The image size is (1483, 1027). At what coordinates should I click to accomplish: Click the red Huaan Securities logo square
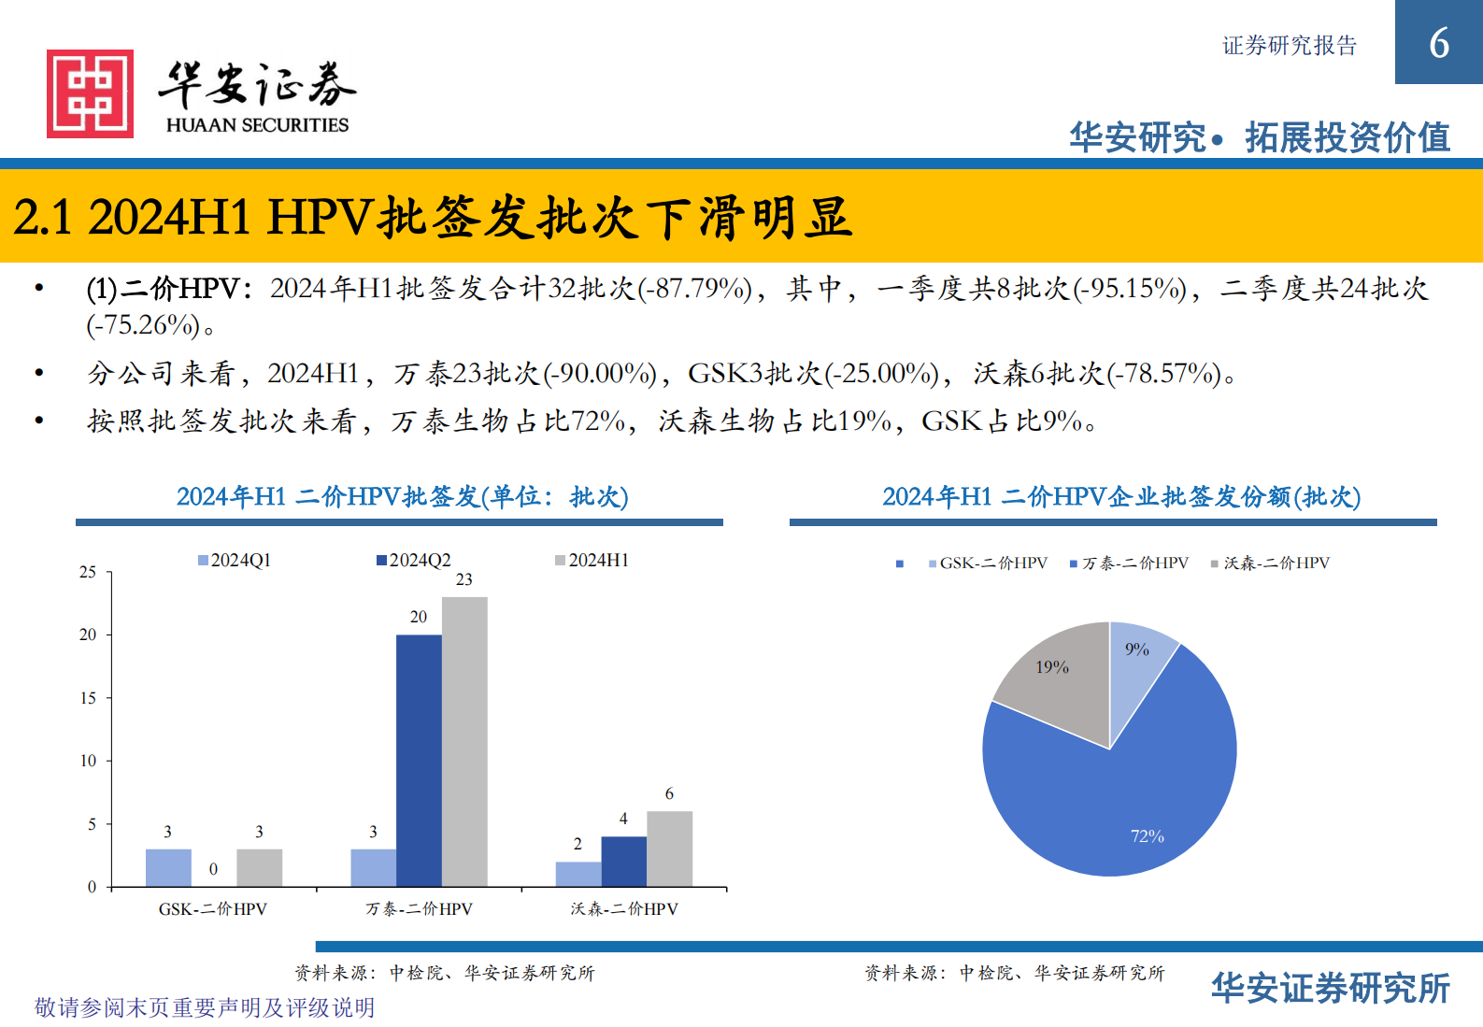[90, 93]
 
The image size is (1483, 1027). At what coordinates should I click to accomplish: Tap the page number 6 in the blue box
[1438, 43]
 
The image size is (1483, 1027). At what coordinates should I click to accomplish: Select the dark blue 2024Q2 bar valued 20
[419, 760]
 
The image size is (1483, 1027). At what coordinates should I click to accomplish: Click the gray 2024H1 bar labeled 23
[464, 741]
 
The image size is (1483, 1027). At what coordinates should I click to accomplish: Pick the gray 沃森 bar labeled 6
[669, 849]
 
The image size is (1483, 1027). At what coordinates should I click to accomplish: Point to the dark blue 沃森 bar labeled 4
[623, 861]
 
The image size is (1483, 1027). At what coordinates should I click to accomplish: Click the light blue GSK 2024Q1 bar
[168, 867]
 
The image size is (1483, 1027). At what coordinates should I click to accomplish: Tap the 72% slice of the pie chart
[1121, 804]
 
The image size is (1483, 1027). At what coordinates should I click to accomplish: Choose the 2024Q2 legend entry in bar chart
[413, 560]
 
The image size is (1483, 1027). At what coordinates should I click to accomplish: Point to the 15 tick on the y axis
[88, 697]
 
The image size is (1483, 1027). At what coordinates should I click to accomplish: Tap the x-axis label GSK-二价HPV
[213, 908]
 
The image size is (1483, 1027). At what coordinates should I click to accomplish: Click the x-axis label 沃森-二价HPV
[624, 908]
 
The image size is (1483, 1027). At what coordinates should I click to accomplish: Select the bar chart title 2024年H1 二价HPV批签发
[402, 496]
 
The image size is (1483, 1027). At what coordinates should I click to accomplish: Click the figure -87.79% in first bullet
[696, 289]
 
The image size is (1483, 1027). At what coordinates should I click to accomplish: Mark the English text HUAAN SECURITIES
[257, 125]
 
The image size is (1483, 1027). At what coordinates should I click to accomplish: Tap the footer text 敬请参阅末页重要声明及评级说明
[205, 1007]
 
